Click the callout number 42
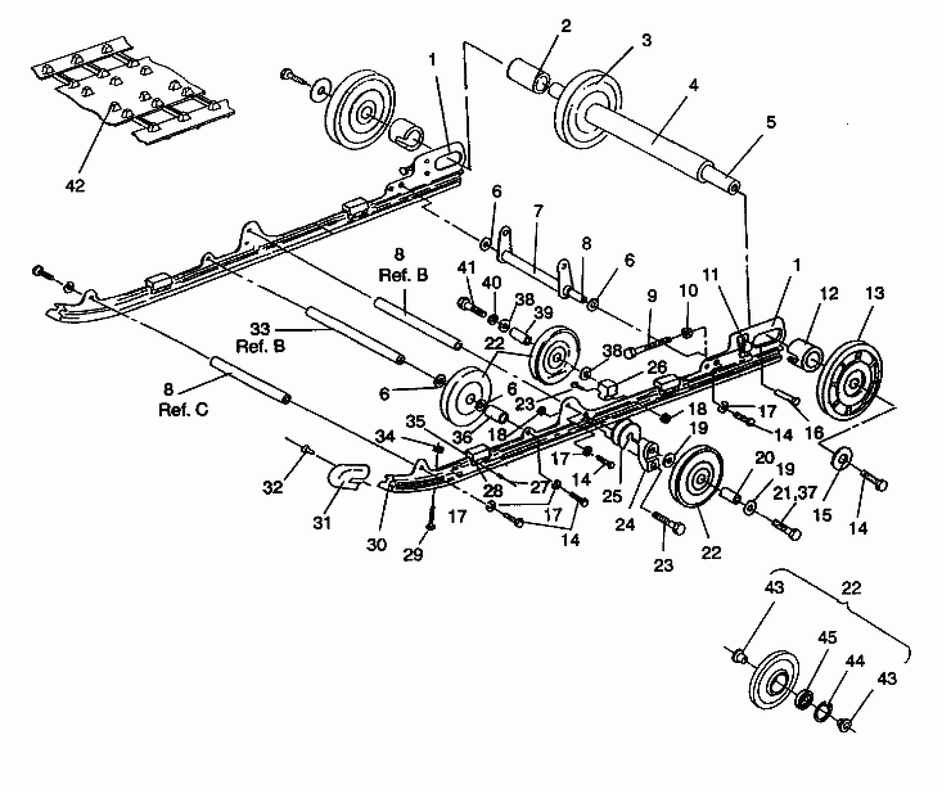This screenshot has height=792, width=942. pos(75,185)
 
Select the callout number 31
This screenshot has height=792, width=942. pos(321,523)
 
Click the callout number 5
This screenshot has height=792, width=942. pos(771,123)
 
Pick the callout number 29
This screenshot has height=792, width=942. pos(413,555)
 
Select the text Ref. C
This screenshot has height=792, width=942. pos(183,410)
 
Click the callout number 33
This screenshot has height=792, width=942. pos(260,329)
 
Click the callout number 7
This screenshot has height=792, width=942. pos(538,212)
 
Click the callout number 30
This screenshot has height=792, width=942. pos(376,544)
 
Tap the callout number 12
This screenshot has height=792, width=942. pos(829,294)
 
